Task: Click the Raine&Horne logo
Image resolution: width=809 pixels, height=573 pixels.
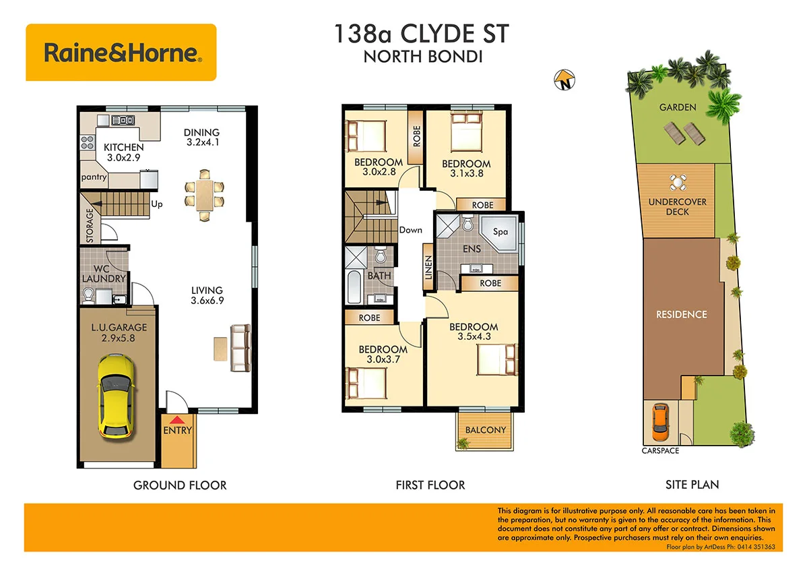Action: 121,53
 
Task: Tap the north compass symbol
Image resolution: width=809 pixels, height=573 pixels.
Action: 563,80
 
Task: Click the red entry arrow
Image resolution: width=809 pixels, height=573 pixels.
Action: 177,420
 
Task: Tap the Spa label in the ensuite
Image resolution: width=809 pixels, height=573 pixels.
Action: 500,231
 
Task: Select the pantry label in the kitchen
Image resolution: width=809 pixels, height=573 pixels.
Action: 94,177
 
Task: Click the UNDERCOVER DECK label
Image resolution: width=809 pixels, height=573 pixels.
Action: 677,206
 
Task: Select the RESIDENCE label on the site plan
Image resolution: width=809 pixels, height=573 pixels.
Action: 682,314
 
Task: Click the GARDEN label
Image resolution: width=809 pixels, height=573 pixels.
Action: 678,107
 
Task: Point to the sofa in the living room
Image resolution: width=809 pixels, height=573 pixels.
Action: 240,347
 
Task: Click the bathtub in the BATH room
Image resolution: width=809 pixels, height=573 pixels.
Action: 354,287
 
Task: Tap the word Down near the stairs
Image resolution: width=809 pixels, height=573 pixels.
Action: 410,230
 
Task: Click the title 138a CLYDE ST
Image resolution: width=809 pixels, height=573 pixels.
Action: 422,34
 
